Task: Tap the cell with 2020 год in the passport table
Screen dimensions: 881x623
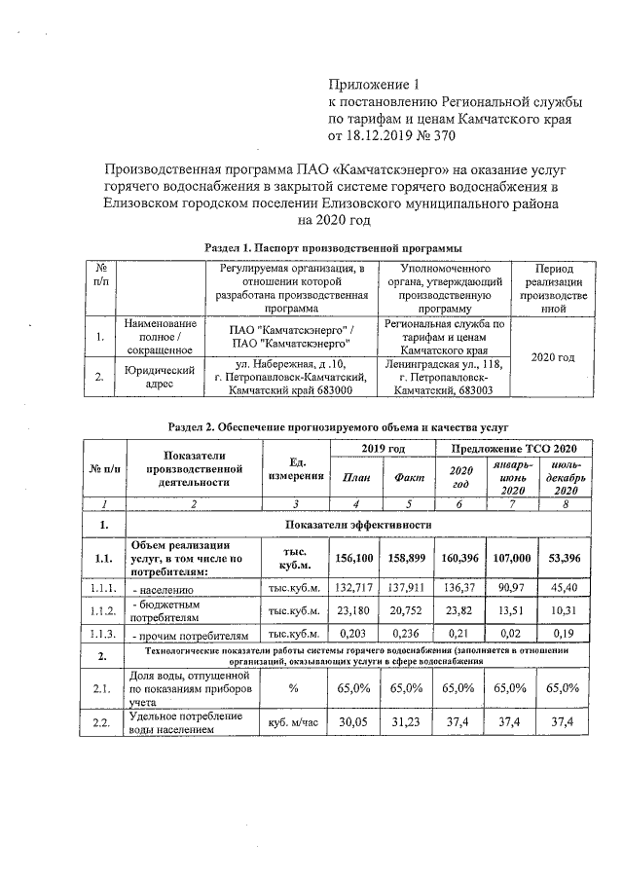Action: click(x=550, y=358)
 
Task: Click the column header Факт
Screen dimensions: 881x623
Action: click(x=409, y=477)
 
